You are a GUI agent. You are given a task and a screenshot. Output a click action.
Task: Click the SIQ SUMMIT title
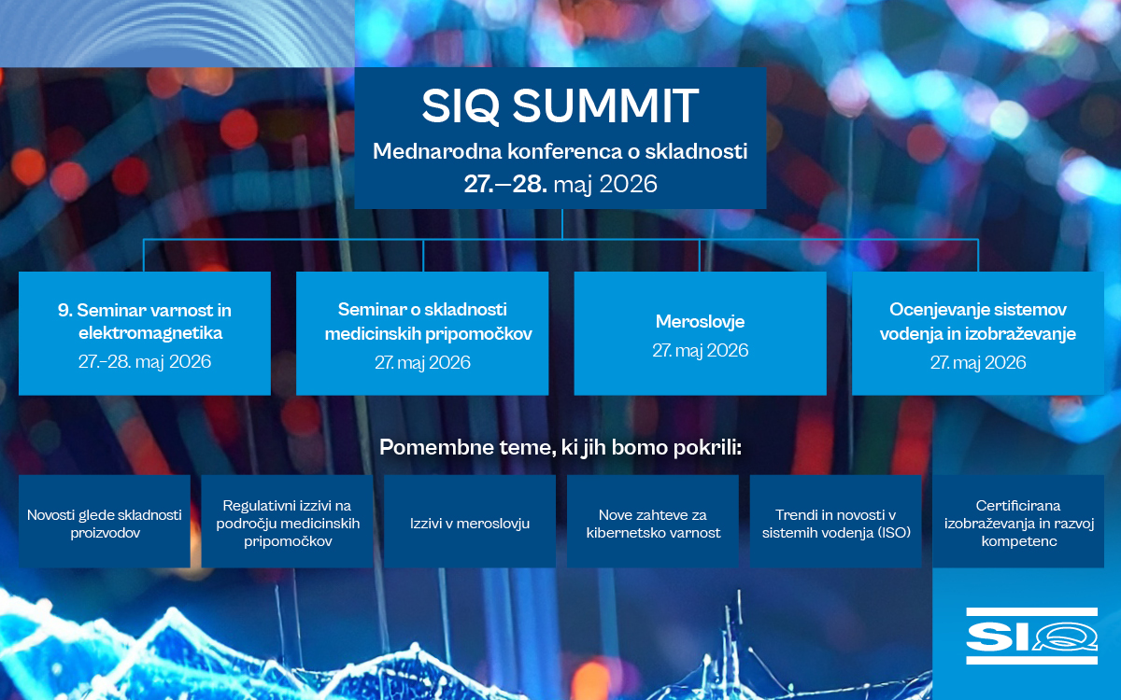560,105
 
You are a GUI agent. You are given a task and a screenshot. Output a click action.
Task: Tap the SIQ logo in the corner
1031,636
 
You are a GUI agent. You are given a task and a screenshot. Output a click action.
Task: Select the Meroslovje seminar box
700,333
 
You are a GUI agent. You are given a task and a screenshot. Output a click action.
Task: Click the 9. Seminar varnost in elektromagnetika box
145,333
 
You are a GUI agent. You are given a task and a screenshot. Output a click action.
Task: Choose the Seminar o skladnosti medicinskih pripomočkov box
422,333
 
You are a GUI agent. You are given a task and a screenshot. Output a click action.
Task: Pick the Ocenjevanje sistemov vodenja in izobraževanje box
978,333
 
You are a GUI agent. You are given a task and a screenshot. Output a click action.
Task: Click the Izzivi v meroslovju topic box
469,521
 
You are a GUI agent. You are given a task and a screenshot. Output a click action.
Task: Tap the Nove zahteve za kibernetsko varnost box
653,521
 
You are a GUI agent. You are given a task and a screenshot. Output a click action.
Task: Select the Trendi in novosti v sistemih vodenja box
836,521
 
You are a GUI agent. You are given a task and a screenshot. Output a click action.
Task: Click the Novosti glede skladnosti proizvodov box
104,521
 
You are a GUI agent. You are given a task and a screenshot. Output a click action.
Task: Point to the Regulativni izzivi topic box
288,521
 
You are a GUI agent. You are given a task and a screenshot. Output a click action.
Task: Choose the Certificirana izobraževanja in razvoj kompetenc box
1018,521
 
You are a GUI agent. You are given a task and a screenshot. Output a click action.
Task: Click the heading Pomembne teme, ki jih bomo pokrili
560,447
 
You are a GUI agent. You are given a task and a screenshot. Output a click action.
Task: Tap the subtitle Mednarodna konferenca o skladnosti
560,151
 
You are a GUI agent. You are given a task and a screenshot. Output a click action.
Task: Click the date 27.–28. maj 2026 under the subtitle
560,184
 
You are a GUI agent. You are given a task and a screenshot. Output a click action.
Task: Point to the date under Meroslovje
700,351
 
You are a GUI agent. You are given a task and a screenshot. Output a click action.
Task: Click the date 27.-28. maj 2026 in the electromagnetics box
145,361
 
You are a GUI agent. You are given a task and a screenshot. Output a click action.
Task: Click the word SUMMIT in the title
605,105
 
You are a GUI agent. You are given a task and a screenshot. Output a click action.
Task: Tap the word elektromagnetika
150,333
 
